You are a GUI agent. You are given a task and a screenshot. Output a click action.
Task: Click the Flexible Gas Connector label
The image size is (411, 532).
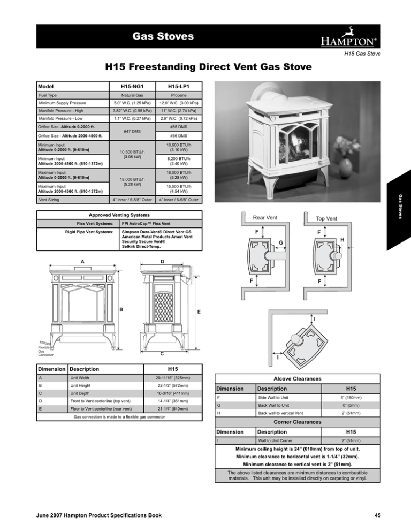click(44, 351)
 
